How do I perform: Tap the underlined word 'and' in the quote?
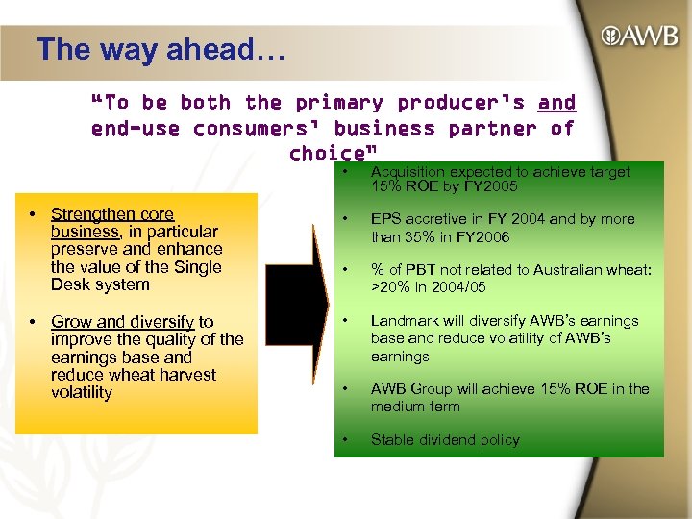(556, 102)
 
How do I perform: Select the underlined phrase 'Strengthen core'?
(111, 213)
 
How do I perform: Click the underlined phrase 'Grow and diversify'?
(122, 321)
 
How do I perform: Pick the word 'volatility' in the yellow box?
(82, 392)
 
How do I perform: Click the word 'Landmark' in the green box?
(403, 320)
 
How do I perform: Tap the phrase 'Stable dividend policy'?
(445, 439)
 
